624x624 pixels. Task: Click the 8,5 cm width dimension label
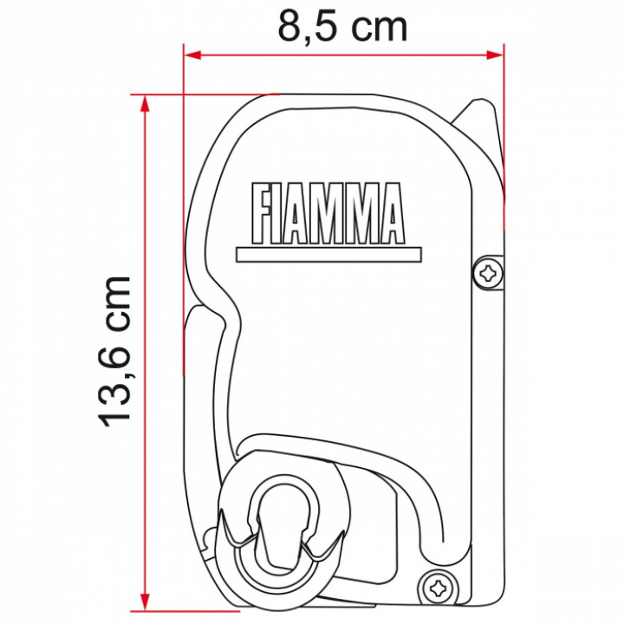point(342,28)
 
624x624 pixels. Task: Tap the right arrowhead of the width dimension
point(495,55)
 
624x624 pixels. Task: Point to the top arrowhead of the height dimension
point(146,104)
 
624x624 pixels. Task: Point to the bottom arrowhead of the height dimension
point(146,601)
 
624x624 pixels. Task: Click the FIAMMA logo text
point(328,213)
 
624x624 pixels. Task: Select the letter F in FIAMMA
point(262,213)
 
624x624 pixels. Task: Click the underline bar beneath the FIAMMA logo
point(328,255)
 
